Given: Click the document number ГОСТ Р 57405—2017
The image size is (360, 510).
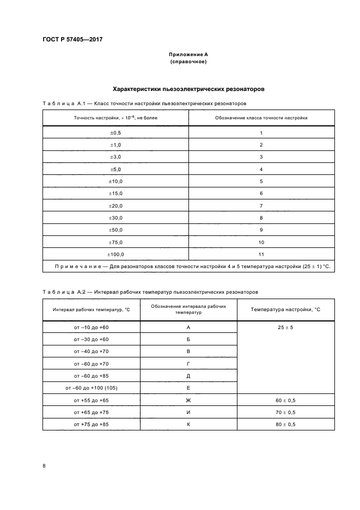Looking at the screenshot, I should tap(72, 39).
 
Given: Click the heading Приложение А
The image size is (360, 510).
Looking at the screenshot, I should tap(188, 54).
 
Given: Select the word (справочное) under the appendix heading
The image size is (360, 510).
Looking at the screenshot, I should tap(188, 62).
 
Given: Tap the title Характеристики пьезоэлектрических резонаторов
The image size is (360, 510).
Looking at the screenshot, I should tap(188, 88).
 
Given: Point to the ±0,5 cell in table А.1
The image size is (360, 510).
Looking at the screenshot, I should tap(116, 133).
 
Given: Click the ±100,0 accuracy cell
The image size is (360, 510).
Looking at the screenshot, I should tap(116, 254).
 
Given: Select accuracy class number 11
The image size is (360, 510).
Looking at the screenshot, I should tap(261, 254).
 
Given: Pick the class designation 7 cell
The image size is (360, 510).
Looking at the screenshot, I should tap(261, 205).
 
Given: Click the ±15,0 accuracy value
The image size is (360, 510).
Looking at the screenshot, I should tap(116, 193).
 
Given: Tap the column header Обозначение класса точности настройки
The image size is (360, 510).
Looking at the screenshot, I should tap(261, 117).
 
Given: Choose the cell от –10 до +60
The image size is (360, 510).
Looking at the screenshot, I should tap(91, 327).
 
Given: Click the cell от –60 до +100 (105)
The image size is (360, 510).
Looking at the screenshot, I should tap(91, 388).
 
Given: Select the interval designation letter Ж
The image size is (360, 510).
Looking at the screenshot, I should tap(188, 400).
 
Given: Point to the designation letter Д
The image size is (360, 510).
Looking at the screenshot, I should tap(188, 376).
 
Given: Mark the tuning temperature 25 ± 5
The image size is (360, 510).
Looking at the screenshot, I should tap(285, 327).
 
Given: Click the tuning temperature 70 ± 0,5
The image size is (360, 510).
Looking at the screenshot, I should tap(285, 412).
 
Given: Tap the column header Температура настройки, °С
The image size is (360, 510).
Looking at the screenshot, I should tap(285, 309).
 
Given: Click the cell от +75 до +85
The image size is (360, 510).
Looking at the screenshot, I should tap(91, 424).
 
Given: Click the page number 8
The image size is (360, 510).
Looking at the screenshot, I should tap(44, 466).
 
